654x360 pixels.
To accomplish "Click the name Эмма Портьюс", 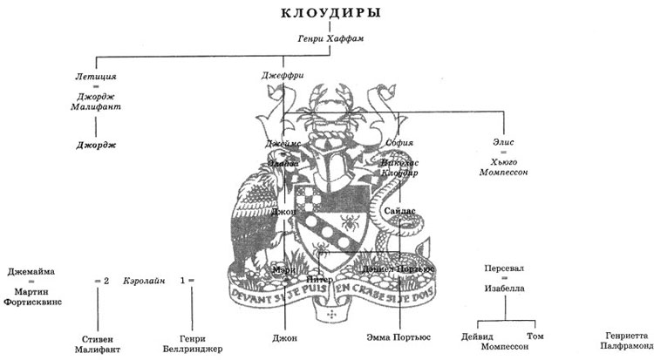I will (398, 336).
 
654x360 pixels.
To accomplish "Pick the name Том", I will (535, 335).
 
